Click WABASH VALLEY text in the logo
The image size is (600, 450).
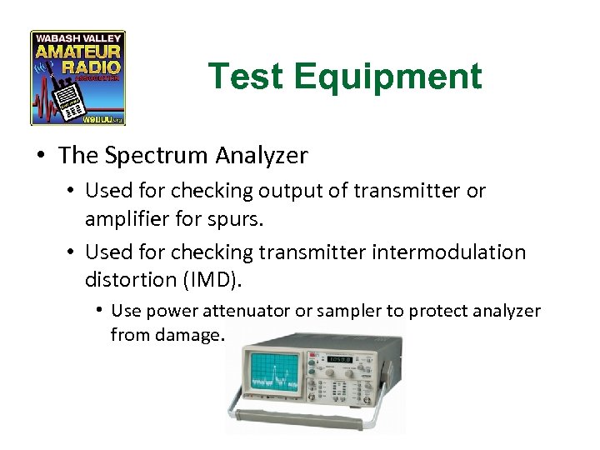pyautogui.click(x=78, y=38)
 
